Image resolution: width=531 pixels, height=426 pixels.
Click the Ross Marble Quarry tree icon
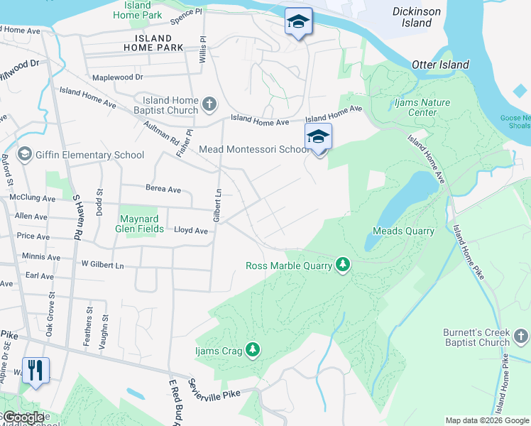344,266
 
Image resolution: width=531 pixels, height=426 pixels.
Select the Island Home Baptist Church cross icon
209,105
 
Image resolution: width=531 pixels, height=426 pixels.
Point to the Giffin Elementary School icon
25,155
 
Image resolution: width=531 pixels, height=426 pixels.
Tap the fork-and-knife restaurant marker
35,370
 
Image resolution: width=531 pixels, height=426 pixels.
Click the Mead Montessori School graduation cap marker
319,137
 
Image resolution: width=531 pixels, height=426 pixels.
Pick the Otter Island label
441,65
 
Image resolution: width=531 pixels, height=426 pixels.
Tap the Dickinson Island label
417,17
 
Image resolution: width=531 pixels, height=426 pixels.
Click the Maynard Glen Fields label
143,224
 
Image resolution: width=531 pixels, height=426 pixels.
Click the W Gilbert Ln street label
102,265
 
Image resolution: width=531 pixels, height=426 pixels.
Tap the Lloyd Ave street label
191,231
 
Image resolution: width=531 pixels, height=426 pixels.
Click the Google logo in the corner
24,417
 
